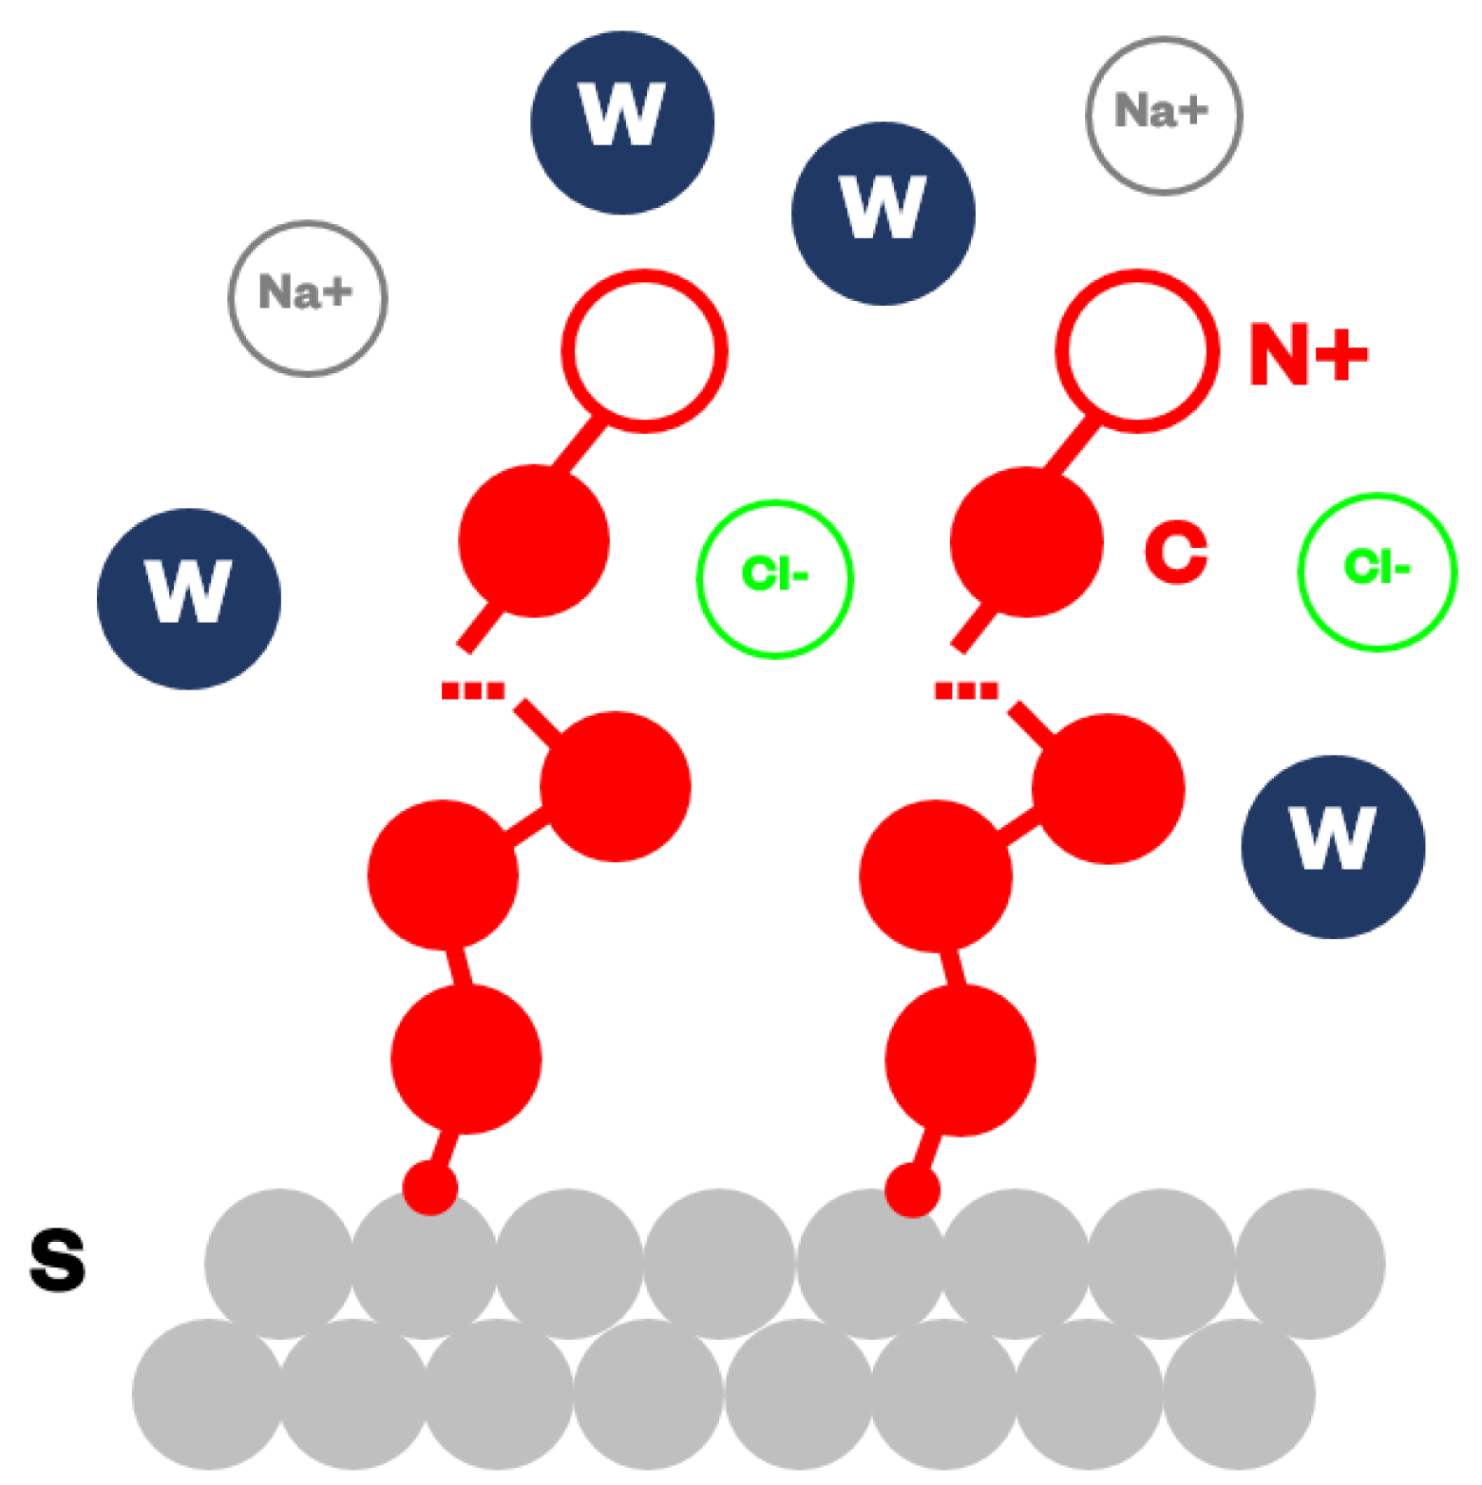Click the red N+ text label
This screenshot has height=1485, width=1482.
click(1307, 353)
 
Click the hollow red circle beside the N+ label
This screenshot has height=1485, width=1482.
click(1137, 350)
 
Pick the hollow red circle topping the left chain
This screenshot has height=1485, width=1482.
click(645, 350)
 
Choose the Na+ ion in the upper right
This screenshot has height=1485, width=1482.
click(1164, 115)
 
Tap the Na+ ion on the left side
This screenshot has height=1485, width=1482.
click(308, 298)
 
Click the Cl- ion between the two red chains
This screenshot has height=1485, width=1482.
click(775, 578)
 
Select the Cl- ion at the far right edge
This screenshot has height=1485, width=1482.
click(1377, 572)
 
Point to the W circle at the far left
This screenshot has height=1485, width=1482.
click(189, 598)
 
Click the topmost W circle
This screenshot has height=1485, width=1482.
click(622, 122)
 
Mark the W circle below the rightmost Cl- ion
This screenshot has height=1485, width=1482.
click(1333, 846)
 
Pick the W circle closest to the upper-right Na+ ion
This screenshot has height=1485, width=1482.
click(883, 213)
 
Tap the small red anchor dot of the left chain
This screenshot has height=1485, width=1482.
click(430, 1188)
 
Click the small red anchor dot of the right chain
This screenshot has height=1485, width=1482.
click(912, 1190)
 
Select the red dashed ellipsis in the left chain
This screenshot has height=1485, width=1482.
click(472, 690)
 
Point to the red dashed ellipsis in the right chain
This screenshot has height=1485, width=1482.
click(965, 690)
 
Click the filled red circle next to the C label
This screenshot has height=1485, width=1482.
click(1026, 542)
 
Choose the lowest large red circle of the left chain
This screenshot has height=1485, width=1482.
click(466, 1059)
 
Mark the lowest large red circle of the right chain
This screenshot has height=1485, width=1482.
click(960, 1060)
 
